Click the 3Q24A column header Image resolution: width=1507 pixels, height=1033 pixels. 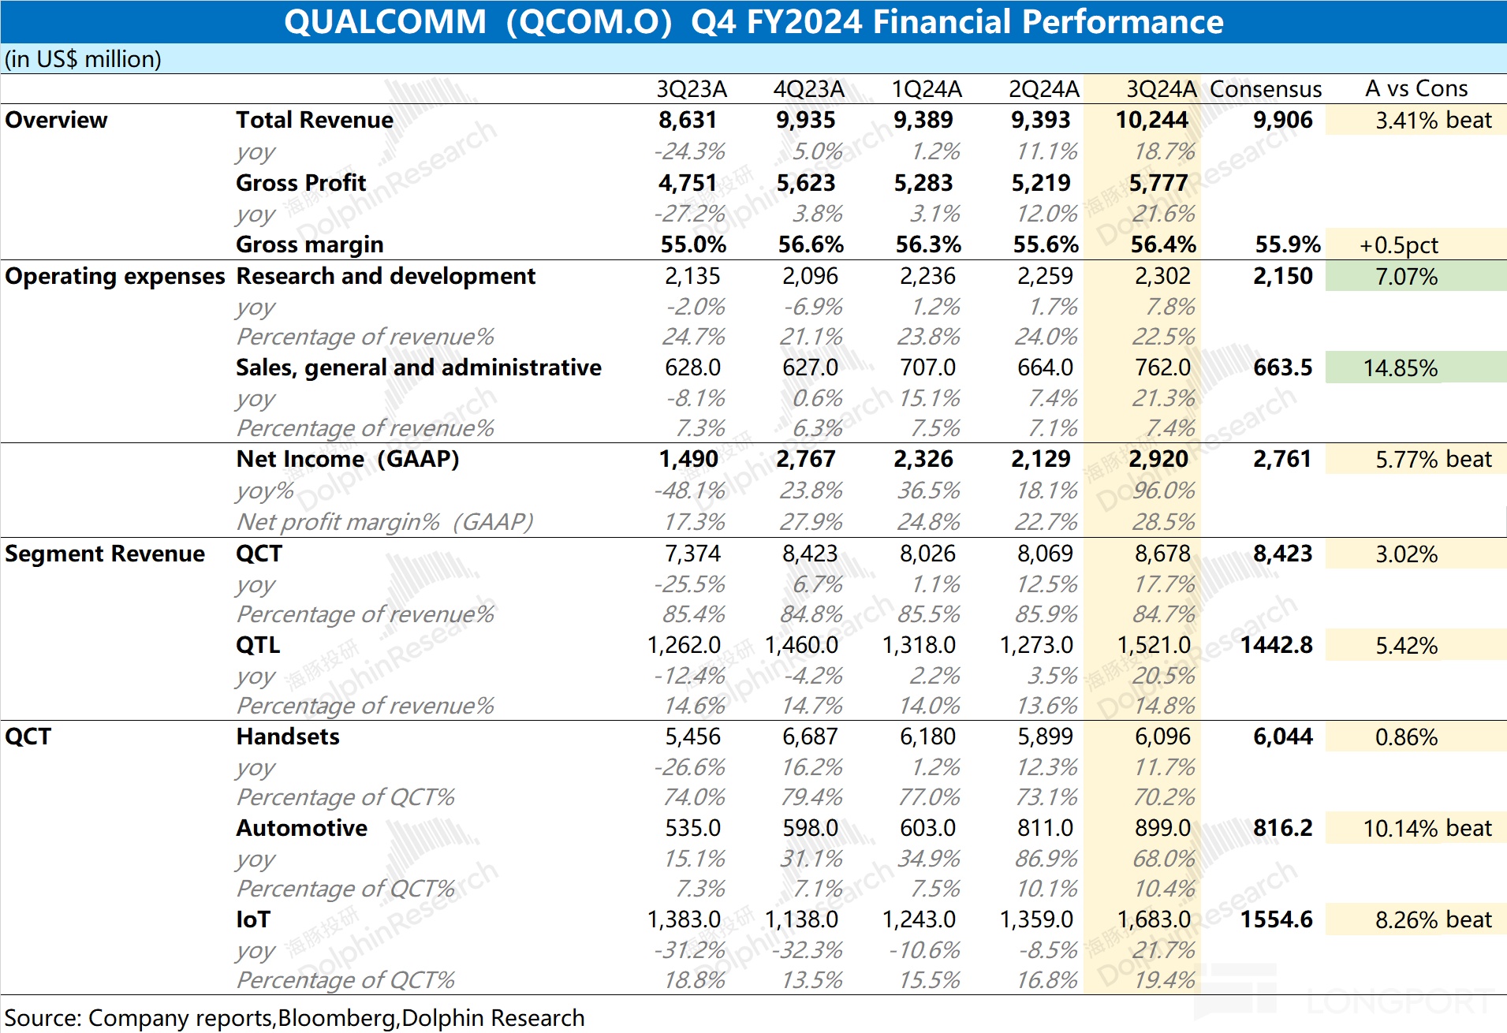pyautogui.click(x=1161, y=89)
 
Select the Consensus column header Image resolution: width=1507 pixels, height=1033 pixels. pyautogui.click(x=1266, y=89)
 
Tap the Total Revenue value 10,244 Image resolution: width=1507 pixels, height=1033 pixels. pyautogui.click(x=1151, y=120)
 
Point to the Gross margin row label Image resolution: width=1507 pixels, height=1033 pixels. pyautogui.click(x=309, y=244)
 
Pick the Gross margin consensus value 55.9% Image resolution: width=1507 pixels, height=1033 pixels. pyautogui.click(x=1287, y=244)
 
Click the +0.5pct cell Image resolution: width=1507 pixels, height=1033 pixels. pyautogui.click(x=1398, y=245)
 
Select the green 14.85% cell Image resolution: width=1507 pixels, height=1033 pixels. pyautogui.click(x=1400, y=368)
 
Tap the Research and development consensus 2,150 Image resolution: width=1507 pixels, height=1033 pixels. pyautogui.click(x=1282, y=276)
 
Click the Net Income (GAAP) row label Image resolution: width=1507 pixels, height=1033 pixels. pyautogui.click(x=347, y=459)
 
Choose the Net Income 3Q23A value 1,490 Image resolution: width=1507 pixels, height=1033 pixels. pyautogui.click(x=688, y=459)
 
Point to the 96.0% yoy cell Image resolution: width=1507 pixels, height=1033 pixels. pyautogui.click(x=1163, y=490)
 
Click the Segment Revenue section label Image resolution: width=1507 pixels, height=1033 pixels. pyautogui.click(x=104, y=554)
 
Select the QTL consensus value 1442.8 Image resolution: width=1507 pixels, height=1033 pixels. pyautogui.click(x=1276, y=645)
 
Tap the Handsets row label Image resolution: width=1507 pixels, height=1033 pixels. pyautogui.click(x=288, y=737)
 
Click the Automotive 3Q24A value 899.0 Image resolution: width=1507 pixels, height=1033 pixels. pyautogui.click(x=1162, y=828)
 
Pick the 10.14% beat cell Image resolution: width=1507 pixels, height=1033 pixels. pyautogui.click(x=1427, y=828)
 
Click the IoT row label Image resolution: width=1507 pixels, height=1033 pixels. pyautogui.click(x=253, y=919)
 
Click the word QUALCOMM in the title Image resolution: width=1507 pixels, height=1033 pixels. pyautogui.click(x=385, y=21)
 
